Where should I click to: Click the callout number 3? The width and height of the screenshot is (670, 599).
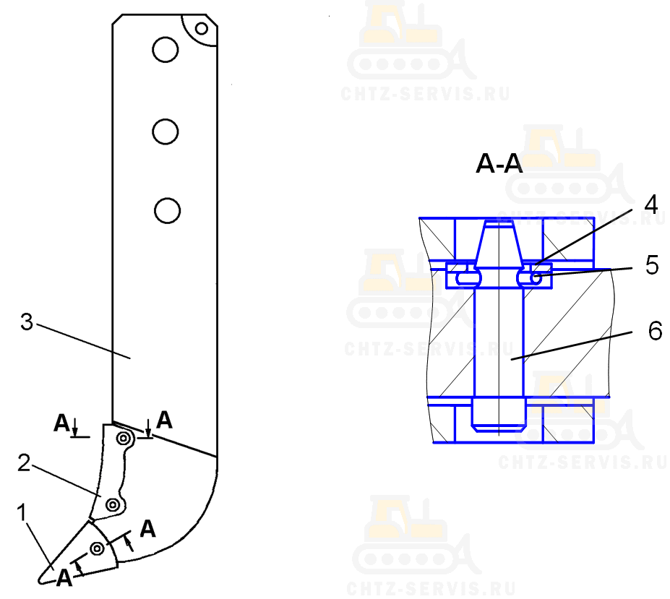coord(27,322)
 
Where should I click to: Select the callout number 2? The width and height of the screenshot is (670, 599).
coord(24,462)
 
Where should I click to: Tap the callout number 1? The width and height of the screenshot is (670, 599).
coord(22,512)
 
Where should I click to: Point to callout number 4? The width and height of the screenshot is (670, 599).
coord(650,204)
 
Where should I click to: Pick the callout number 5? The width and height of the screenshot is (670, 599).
coord(652,265)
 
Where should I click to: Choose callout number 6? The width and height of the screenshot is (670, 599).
coord(655,331)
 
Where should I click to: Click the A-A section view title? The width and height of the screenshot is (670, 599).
coord(499,163)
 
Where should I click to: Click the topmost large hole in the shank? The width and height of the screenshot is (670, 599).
coord(166,50)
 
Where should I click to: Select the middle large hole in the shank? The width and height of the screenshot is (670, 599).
coord(166,132)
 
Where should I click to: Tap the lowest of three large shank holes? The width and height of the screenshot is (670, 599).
coord(167,210)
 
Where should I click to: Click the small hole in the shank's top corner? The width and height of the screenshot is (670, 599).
coord(202,29)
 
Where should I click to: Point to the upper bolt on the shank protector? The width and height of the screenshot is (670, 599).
coord(124,438)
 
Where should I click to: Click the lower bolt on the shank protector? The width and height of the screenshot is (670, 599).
coord(112,505)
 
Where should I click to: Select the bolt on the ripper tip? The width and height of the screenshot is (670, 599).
coord(98,548)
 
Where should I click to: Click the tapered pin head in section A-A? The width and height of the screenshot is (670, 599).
coord(499,244)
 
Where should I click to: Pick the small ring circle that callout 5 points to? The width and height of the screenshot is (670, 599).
coord(536,279)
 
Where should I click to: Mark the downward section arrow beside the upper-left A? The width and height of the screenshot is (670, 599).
coord(75,427)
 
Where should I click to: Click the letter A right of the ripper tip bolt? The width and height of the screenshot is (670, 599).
coord(148,529)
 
